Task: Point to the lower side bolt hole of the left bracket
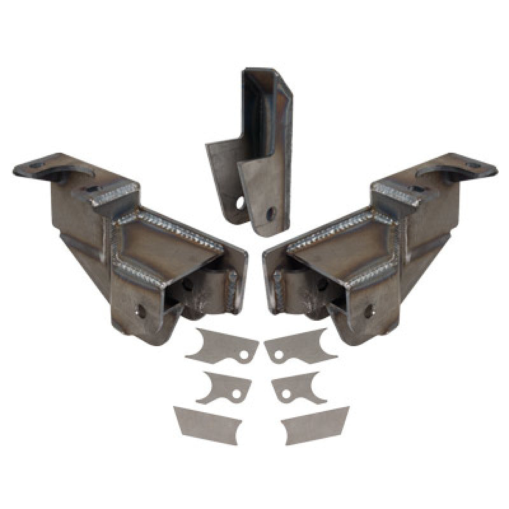pyautogui.click(x=141, y=312)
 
